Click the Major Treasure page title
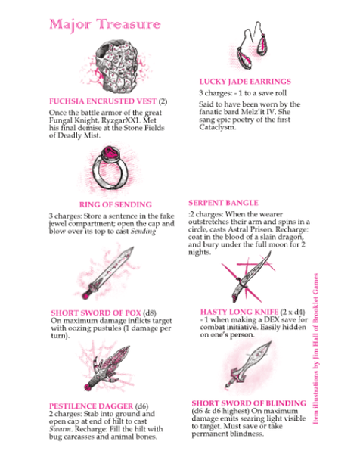[105, 24]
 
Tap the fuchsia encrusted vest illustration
[116, 67]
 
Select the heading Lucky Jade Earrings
[245, 82]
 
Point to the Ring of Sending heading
[116, 204]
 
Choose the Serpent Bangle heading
[223, 203]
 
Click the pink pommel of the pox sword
[85, 296]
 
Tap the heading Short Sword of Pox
[96, 313]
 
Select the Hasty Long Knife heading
[239, 312]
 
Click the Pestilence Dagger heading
[91, 406]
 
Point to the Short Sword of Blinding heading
[249, 403]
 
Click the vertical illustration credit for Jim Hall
[315, 349]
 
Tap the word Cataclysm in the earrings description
[217, 127]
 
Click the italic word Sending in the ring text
[143, 231]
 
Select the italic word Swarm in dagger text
[60, 429]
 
